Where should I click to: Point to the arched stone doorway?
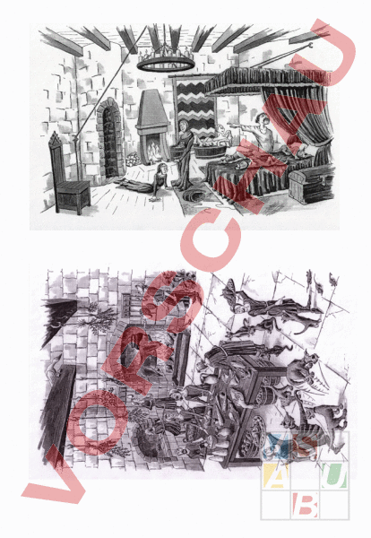pyautogui.click(x=109, y=138)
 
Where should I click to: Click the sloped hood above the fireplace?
pyautogui.click(x=153, y=109)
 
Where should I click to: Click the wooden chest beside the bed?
pyautogui.click(x=311, y=186)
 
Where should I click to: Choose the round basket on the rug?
pyautogui.click(x=194, y=196)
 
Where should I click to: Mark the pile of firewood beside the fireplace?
pyautogui.click(x=133, y=159)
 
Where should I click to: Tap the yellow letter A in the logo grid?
pyautogui.click(x=275, y=476)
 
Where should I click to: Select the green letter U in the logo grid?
pyautogui.click(x=333, y=475)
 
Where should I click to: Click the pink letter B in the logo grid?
pyautogui.click(x=306, y=505)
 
